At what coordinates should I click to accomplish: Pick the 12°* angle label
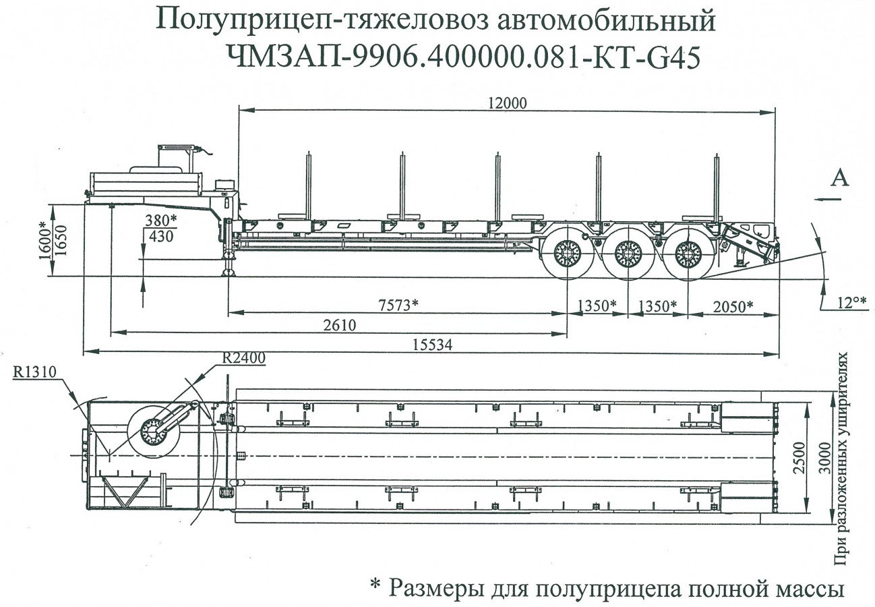851,301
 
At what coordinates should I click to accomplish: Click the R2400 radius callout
243,356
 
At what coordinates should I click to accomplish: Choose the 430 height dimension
160,237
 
